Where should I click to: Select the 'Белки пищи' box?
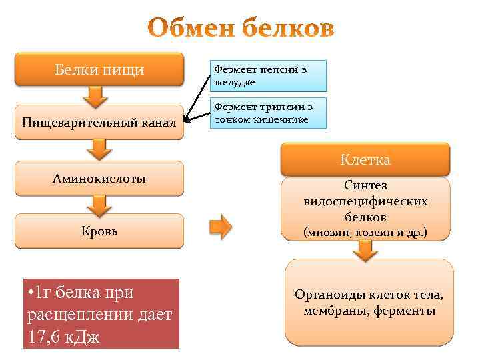tap(99, 69)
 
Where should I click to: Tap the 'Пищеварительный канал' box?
tap(99, 122)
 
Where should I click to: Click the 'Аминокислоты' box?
tap(99, 178)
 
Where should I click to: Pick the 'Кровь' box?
tap(99, 231)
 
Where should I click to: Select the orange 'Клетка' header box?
tap(365, 160)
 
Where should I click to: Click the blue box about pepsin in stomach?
tap(269, 75)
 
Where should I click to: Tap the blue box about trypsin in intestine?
tap(269, 113)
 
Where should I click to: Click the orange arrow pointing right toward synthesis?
tap(221, 227)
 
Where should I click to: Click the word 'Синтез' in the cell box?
tap(365, 185)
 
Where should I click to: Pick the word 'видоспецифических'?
tap(365, 201)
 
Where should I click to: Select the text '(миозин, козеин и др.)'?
tap(365, 233)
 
